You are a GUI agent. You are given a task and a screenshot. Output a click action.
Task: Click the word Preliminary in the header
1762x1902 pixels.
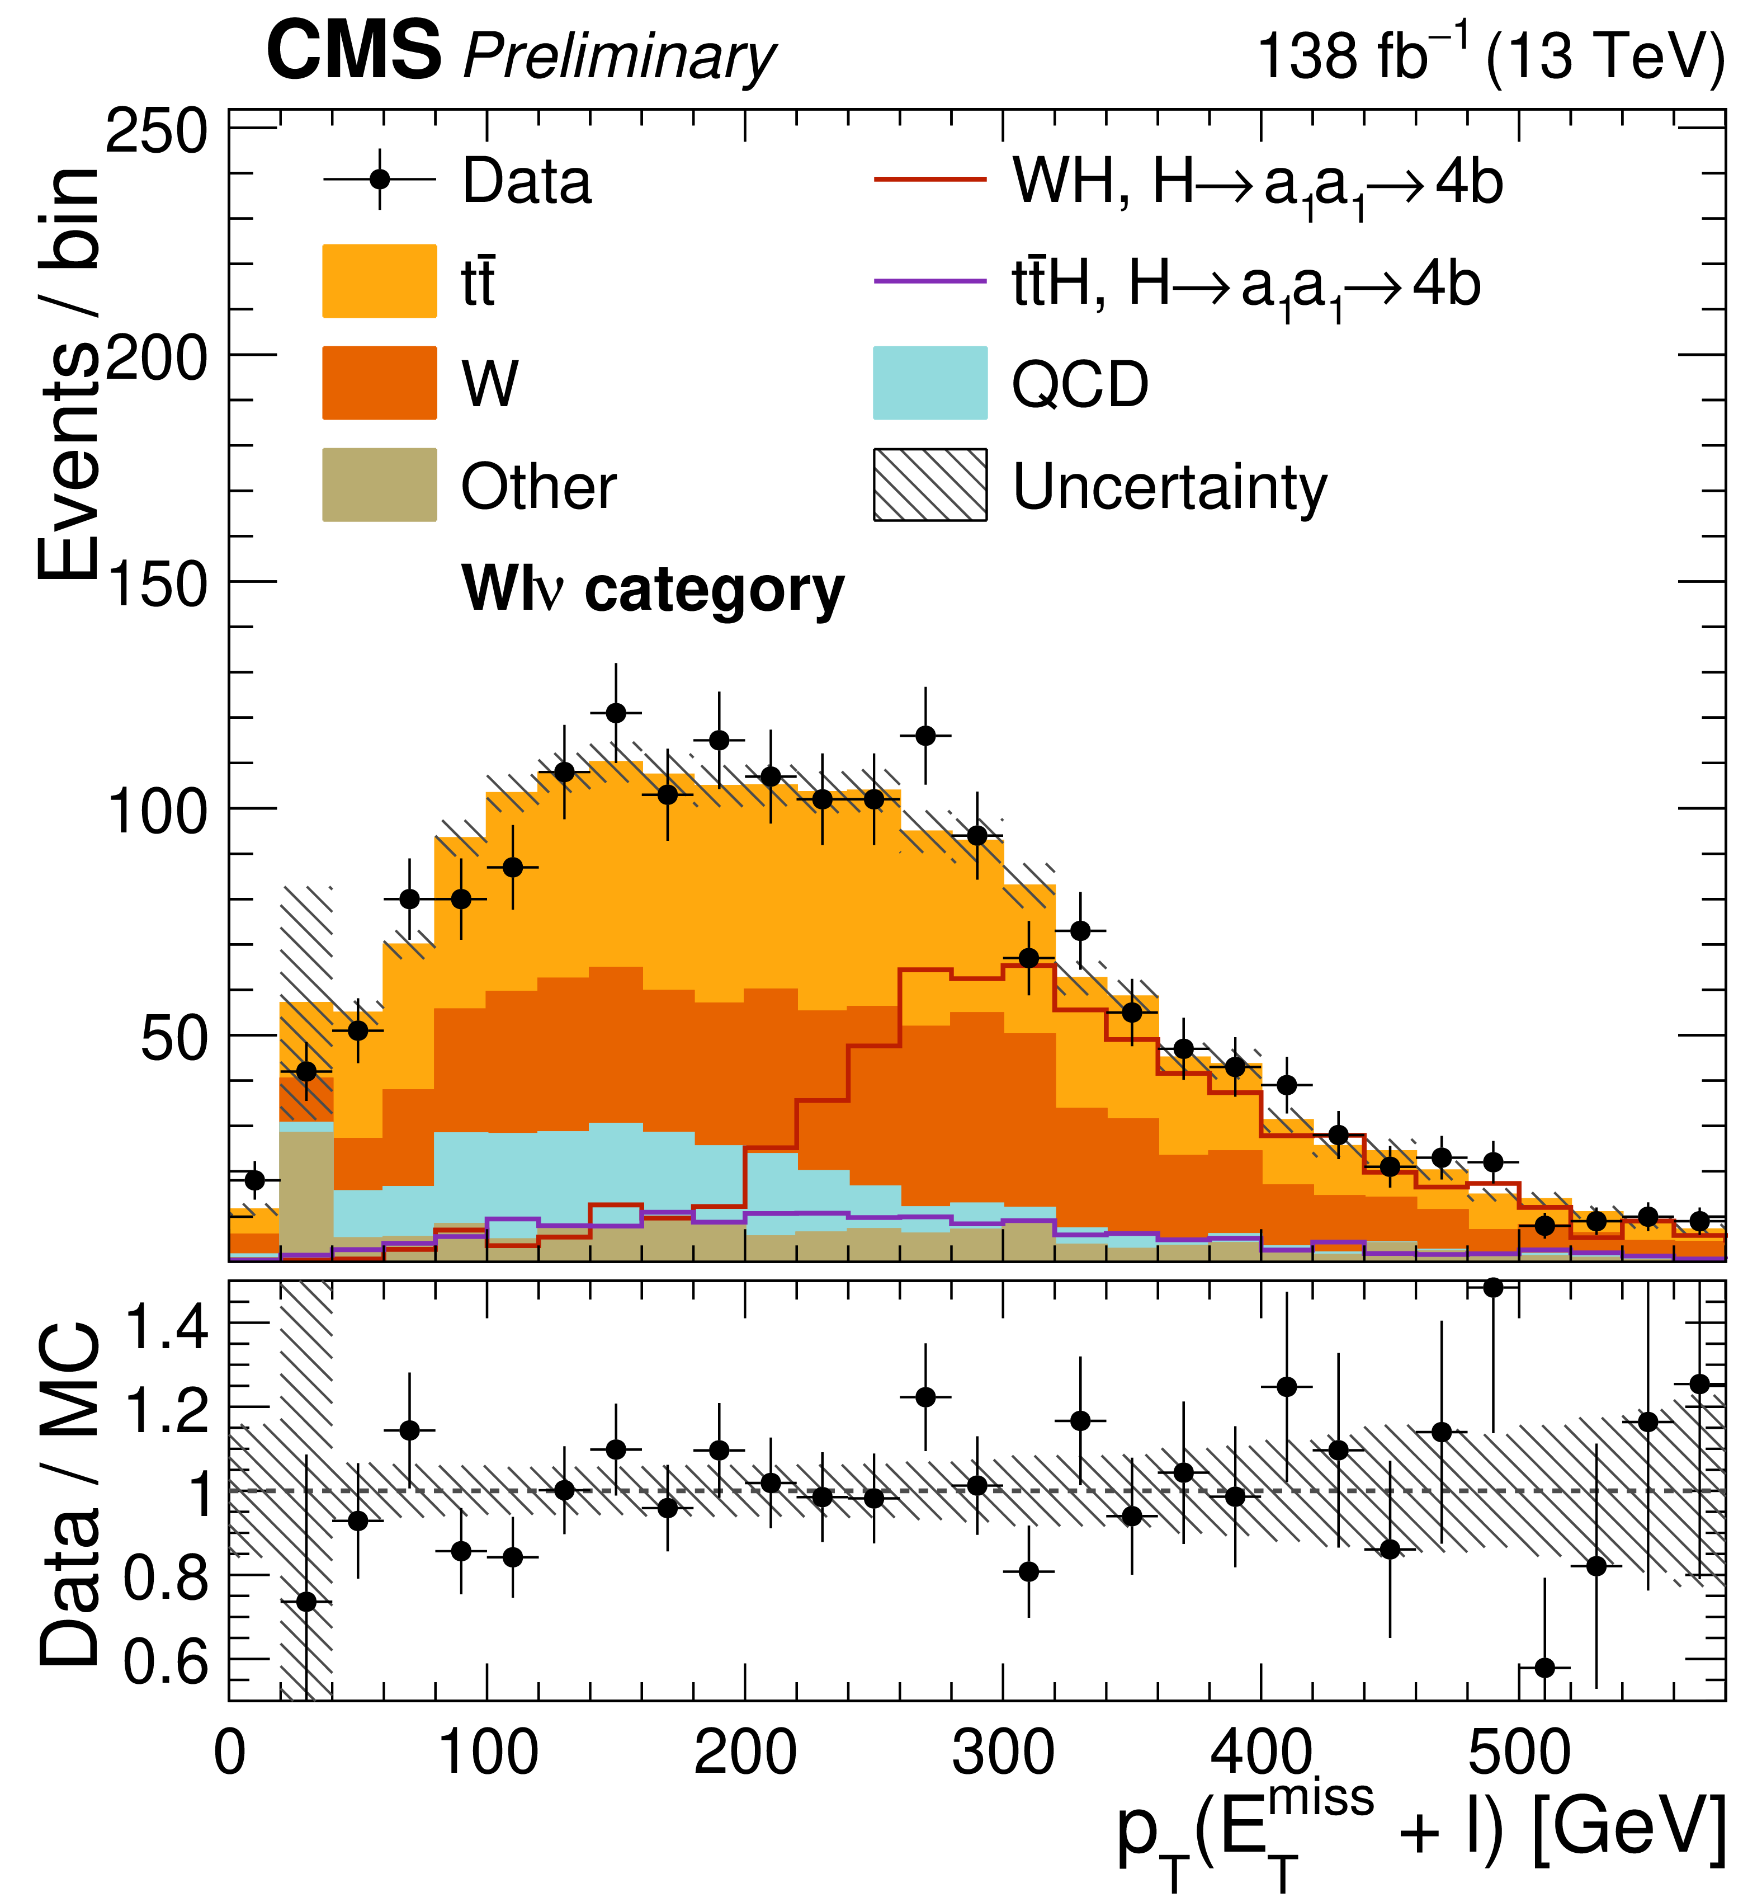point(620,57)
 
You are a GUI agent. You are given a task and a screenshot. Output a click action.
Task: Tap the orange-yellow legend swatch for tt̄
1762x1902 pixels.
point(380,281)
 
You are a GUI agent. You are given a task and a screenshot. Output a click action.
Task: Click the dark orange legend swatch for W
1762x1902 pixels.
point(380,383)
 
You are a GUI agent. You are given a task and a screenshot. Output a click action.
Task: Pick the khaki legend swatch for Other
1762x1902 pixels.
point(380,484)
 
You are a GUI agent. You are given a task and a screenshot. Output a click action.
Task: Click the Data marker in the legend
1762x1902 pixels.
point(380,180)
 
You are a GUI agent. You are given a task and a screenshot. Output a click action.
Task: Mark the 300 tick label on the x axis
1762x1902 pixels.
point(1003,1752)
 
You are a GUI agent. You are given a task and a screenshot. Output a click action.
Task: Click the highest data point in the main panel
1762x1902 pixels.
point(616,713)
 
